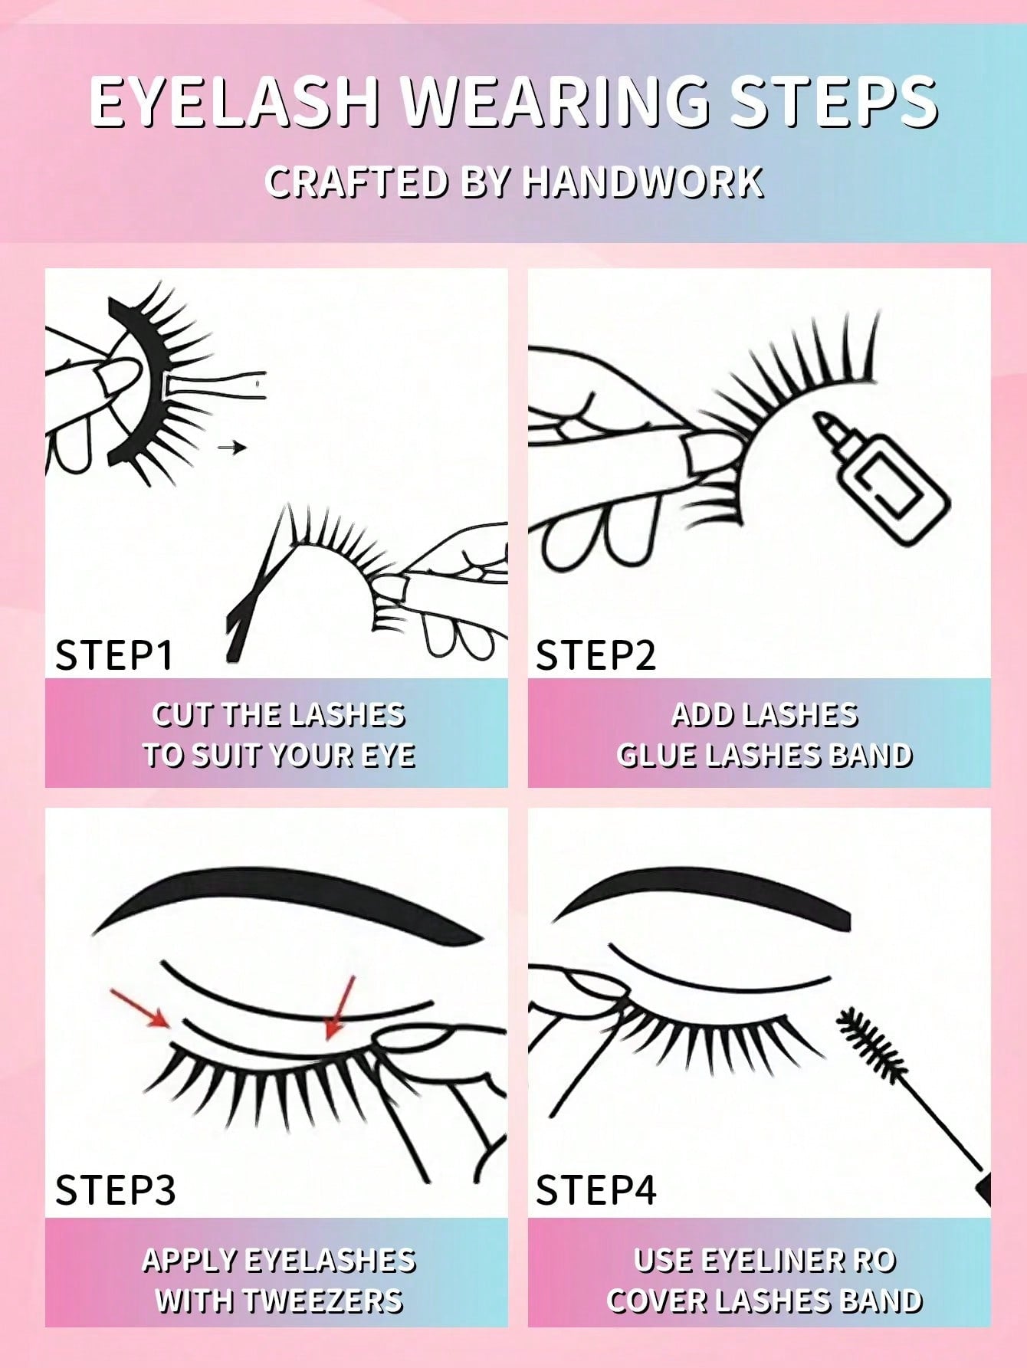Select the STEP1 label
point(114,655)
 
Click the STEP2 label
point(596,655)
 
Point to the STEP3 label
point(115,1189)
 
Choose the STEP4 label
point(596,1189)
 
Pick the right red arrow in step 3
point(340,1008)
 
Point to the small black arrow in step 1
point(231,447)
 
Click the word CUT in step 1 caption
point(182,715)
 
